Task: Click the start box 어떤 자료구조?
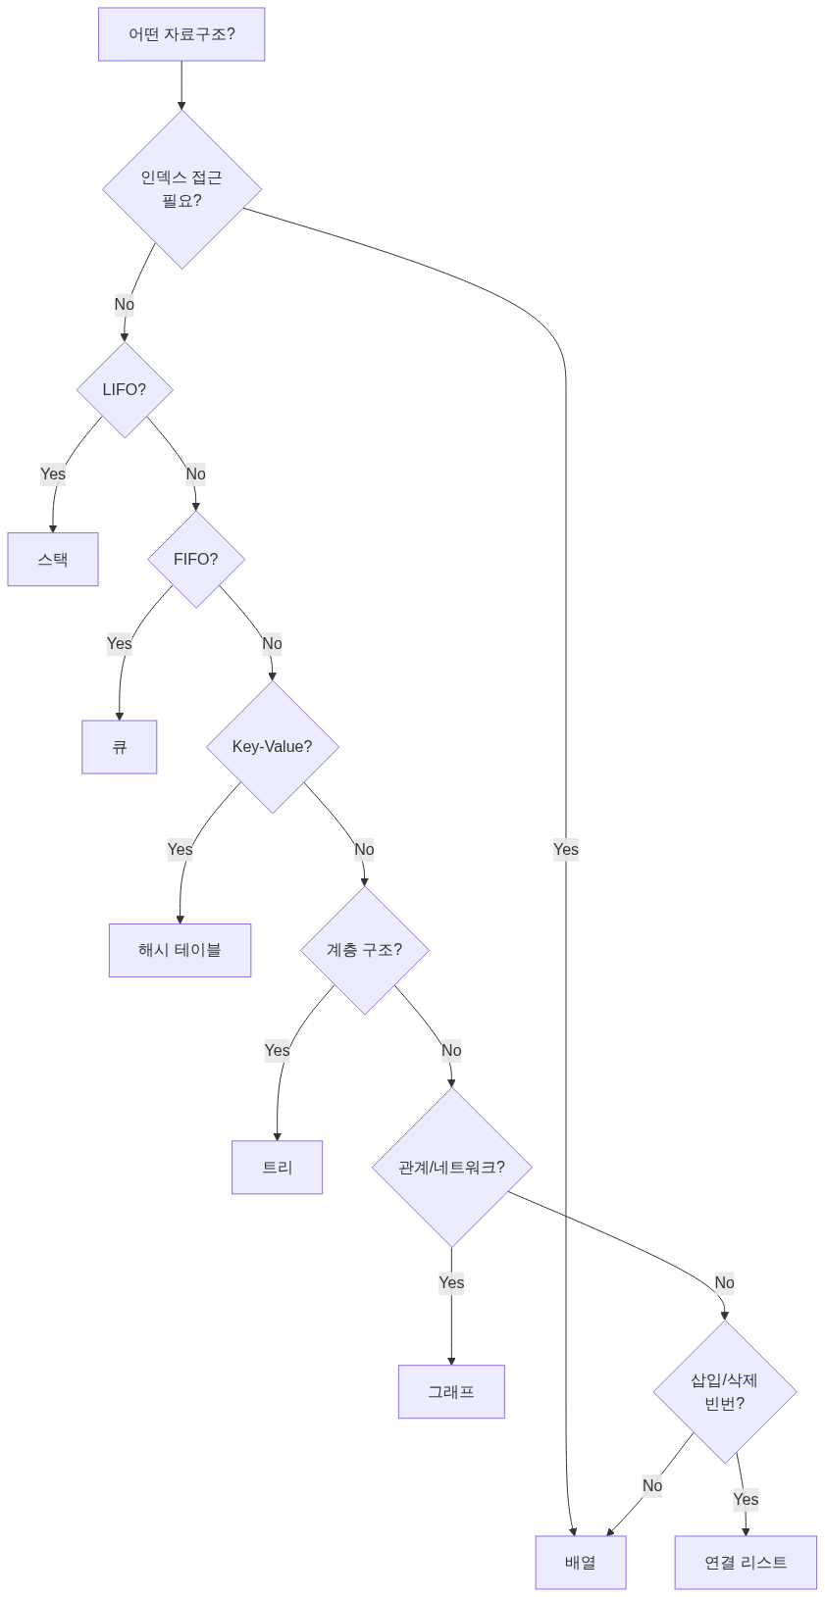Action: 181,34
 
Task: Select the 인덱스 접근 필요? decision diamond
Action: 182,189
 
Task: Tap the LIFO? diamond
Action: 125,389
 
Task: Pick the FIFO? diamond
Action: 196,559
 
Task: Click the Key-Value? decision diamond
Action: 272,746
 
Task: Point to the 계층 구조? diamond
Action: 365,950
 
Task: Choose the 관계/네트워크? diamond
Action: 452,1167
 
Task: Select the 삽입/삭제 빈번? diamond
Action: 724,1391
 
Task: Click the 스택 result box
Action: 53,559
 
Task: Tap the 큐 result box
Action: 119,746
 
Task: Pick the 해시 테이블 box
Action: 180,950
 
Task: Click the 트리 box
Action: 277,1167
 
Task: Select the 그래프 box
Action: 452,1391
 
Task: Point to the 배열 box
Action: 581,1562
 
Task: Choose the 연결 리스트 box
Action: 746,1562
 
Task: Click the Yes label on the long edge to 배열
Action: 566,849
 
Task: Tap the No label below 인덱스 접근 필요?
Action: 125,305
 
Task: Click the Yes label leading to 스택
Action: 53,474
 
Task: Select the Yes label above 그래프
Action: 452,1282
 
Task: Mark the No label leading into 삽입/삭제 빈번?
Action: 724,1282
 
